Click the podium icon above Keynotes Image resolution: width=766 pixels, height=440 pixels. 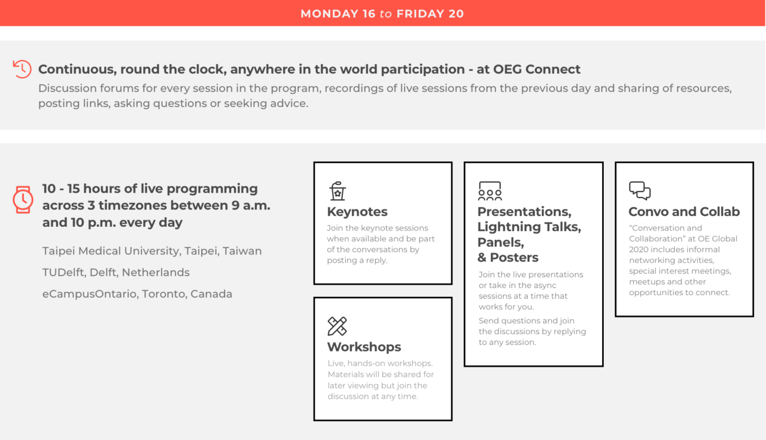338,190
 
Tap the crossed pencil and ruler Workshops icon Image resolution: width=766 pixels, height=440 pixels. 337,326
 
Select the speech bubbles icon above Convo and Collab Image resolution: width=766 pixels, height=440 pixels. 640,190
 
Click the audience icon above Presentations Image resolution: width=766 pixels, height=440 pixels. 490,190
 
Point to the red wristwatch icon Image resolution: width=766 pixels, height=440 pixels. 23,199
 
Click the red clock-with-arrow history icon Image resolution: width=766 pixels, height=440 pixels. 22,69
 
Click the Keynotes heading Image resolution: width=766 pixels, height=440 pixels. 357,212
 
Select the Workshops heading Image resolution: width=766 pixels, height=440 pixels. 364,347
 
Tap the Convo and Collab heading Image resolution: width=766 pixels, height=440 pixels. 684,212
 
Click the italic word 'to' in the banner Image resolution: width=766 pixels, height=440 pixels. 386,14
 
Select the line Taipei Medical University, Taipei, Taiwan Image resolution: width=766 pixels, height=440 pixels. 152,251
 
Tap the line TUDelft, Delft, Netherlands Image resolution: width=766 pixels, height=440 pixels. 116,272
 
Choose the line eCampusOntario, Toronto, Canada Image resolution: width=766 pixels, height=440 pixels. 137,294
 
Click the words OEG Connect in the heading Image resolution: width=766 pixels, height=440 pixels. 537,69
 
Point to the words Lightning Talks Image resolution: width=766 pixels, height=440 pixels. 529,227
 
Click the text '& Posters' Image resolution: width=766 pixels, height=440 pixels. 508,257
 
